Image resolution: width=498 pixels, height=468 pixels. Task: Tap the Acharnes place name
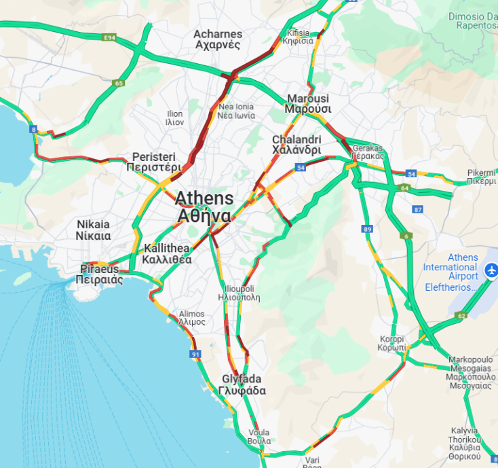tap(217, 39)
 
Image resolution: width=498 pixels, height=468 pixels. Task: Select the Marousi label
tap(308, 103)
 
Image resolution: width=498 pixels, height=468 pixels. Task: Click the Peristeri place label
tap(156, 162)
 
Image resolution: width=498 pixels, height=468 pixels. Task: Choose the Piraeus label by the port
tap(99, 274)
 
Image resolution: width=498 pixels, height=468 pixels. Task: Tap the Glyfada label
tap(242, 385)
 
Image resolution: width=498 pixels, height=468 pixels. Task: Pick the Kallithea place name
tap(167, 254)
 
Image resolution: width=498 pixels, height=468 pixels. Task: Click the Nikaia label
tap(94, 230)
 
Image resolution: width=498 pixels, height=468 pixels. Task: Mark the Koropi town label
tap(391, 343)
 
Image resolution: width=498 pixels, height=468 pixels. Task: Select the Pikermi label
tap(482, 177)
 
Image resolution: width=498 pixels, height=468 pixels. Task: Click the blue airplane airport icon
tap(491, 271)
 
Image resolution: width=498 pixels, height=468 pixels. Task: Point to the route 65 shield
tap(119, 83)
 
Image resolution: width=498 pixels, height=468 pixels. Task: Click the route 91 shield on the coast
tap(195, 354)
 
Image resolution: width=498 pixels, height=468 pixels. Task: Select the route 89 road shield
tap(368, 230)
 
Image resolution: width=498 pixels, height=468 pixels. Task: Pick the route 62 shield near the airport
tap(461, 315)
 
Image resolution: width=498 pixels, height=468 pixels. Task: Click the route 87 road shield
tap(417, 209)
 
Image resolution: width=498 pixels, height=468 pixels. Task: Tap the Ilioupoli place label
tap(239, 293)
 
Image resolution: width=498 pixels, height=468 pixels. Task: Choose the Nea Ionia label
tap(235, 111)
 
